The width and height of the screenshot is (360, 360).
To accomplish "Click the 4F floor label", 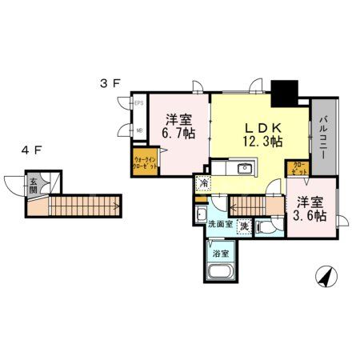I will [31, 150].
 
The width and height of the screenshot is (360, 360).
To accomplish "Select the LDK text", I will [262, 126].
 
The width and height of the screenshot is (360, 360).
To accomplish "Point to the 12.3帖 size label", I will [262, 142].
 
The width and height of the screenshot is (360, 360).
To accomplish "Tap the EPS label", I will [138, 103].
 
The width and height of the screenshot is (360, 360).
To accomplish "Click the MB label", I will [138, 131].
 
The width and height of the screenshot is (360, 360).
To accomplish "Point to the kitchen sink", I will [245, 170].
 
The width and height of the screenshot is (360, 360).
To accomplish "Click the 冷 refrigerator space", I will [204, 184].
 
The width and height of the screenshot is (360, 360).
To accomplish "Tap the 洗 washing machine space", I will [244, 225].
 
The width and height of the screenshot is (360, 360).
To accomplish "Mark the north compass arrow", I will [326, 278].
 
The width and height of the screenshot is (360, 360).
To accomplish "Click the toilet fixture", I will [269, 225].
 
